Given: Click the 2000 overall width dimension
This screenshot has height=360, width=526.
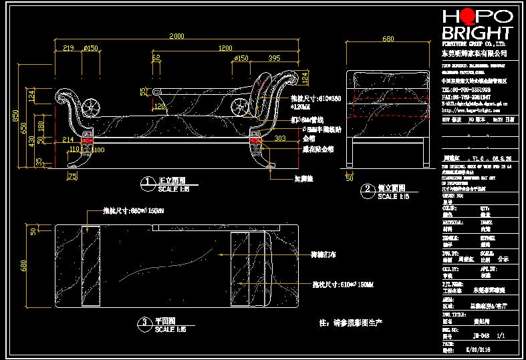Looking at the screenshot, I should click(176, 36).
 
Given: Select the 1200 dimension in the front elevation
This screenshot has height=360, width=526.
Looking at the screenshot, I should click(225, 48).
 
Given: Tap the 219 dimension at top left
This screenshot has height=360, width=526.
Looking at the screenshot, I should click(68, 48).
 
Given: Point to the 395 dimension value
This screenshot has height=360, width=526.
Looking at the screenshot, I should click(274, 59).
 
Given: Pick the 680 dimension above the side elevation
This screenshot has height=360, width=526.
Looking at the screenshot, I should click(388, 39).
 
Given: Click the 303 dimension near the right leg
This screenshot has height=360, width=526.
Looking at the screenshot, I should click(281, 138).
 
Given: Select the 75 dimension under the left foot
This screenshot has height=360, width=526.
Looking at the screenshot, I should click(72, 176).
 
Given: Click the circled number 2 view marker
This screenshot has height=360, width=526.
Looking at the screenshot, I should click(367, 190).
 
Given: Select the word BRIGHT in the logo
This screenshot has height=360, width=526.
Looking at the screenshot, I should click(477, 33).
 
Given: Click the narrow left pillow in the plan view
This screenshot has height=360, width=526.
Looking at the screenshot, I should click(91, 265).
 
